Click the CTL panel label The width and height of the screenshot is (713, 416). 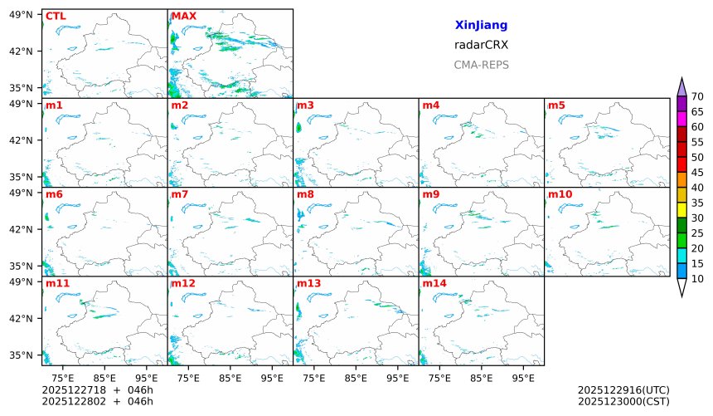tap(56, 16)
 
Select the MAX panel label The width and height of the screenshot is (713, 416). tap(184, 16)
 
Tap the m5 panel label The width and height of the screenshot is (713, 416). tap(556, 105)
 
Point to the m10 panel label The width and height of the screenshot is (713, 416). tap(560, 194)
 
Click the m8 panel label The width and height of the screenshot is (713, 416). tap(305, 194)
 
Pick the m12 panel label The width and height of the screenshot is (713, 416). tap(183, 283)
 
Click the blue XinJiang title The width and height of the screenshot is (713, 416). tap(481, 26)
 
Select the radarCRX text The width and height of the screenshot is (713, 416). tap(481, 45)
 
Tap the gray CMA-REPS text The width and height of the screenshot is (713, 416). tap(481, 65)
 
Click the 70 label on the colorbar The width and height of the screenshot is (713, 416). tap(697, 96)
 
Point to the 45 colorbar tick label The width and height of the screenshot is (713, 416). tap(697, 172)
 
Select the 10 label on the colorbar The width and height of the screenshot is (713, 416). tap(697, 279)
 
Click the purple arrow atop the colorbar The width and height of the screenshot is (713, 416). tap(682, 86)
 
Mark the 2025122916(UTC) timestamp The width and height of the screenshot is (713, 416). tap(623, 389)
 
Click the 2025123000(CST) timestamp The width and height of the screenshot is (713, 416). tap(623, 401)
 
